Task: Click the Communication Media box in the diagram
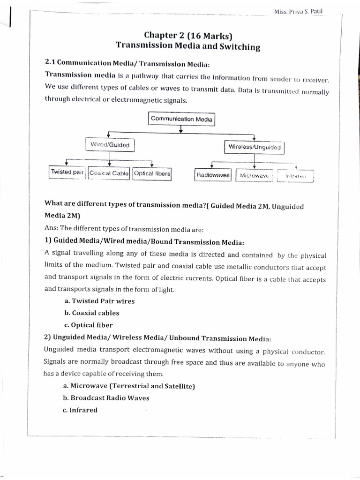(x=181, y=119)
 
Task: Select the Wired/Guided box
(x=110, y=145)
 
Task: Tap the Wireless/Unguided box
(x=255, y=147)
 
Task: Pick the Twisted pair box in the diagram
(x=67, y=172)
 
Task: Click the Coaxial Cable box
(x=109, y=173)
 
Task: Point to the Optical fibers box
(x=152, y=173)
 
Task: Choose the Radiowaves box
(x=213, y=175)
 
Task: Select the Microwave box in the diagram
(x=254, y=176)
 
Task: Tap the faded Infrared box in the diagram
(x=295, y=176)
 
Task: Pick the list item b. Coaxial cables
(x=91, y=313)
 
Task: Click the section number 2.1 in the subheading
(x=50, y=62)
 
